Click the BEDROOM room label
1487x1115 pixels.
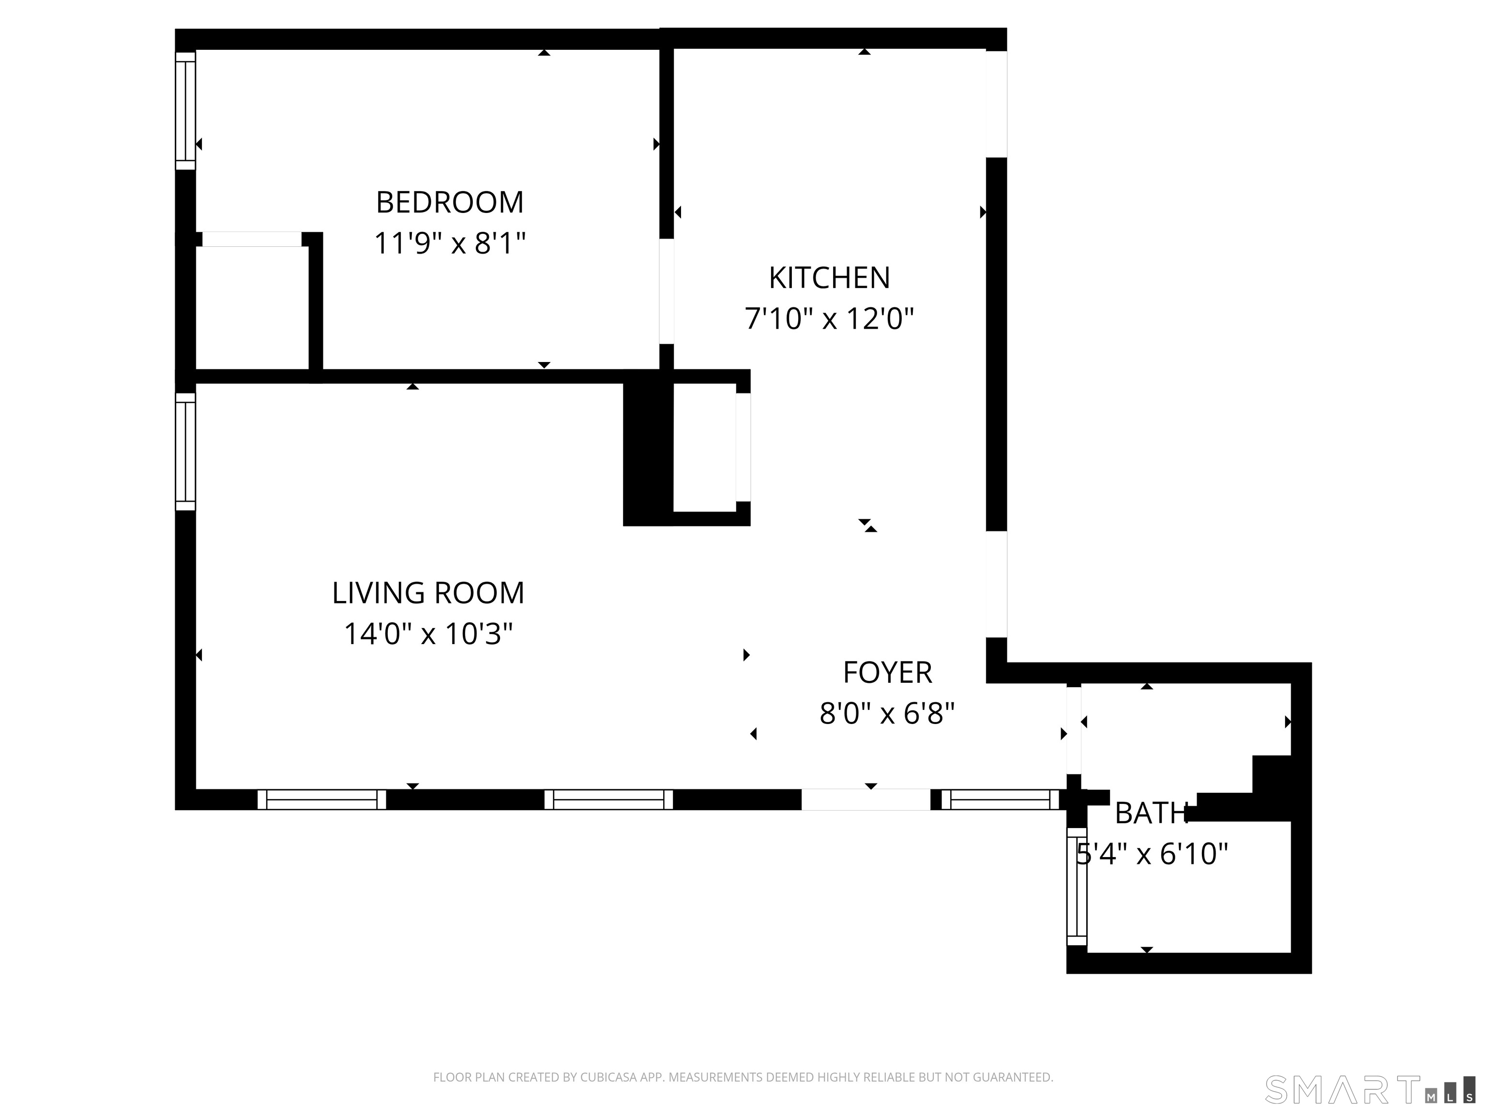coord(450,202)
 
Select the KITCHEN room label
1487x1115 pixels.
coord(830,278)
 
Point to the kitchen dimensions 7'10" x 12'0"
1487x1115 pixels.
coord(830,318)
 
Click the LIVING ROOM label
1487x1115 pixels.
coord(428,593)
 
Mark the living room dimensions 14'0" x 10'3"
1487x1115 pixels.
coord(428,633)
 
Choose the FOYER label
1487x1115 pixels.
coord(887,672)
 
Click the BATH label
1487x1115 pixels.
coord(1152,813)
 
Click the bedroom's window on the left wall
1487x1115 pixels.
coord(185,111)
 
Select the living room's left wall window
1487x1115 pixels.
coord(185,452)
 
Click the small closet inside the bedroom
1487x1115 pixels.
coord(252,307)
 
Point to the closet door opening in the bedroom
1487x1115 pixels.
coord(252,239)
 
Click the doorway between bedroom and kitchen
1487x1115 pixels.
coord(666,291)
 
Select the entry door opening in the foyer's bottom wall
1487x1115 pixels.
coord(866,799)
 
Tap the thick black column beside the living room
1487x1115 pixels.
coord(648,448)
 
